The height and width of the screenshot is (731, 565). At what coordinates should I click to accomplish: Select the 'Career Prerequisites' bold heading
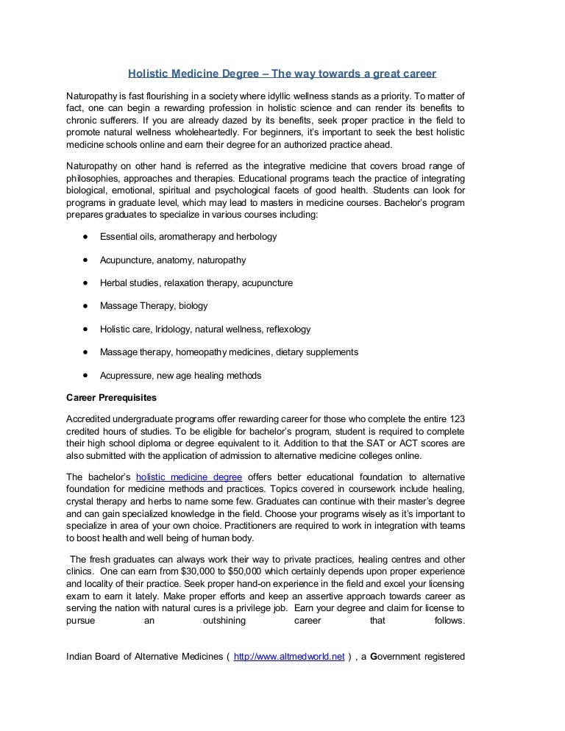pyautogui.click(x=111, y=397)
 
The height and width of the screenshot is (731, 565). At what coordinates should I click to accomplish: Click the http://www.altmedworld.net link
pyautogui.click(x=289, y=657)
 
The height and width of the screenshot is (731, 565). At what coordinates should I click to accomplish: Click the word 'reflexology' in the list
pyautogui.click(x=288, y=329)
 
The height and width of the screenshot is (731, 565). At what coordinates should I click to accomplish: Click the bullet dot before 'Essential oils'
pyautogui.click(x=86, y=237)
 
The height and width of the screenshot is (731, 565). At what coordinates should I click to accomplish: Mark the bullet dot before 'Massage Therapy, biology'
pyautogui.click(x=86, y=305)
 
